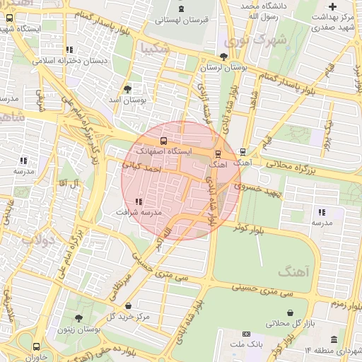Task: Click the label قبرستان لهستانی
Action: point(186,21)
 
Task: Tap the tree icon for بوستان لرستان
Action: point(224,57)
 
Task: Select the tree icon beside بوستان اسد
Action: point(127,89)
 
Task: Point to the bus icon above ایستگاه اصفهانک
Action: point(164,141)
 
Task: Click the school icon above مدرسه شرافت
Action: point(138,202)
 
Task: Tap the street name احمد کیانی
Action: point(143,168)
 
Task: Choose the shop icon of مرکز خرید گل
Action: point(128,305)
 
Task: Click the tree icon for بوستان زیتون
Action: point(78,318)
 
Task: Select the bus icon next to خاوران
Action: point(36,346)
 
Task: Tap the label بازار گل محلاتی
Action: point(290,323)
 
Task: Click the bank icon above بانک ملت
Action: point(246,334)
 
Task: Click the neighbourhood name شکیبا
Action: point(155,48)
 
